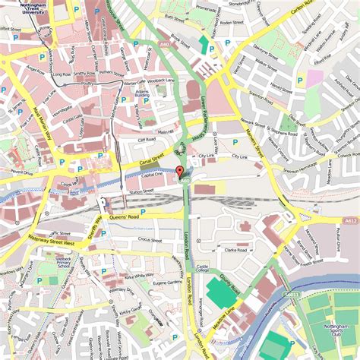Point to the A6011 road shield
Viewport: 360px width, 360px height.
point(292,295)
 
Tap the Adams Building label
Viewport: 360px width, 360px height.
point(142,93)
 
